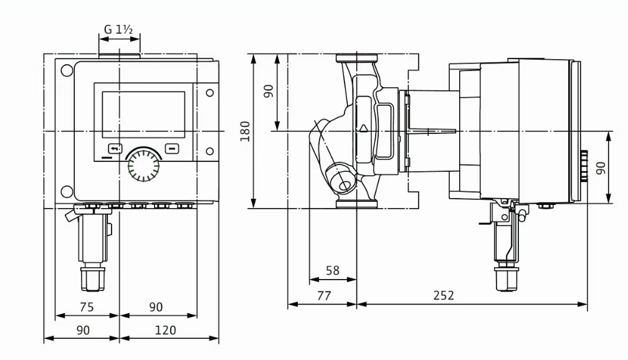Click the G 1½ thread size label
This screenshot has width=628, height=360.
click(119, 29)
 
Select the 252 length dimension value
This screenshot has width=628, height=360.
click(444, 295)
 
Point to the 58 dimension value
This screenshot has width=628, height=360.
click(333, 270)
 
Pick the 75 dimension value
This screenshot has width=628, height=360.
click(87, 306)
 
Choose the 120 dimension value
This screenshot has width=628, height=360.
click(165, 330)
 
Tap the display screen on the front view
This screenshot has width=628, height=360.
click(143, 115)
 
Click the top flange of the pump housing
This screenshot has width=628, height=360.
click(356, 60)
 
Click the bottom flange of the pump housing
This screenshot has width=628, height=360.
click(356, 203)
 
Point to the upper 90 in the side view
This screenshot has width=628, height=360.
click(268, 92)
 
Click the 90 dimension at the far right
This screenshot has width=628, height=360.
click(600, 168)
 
